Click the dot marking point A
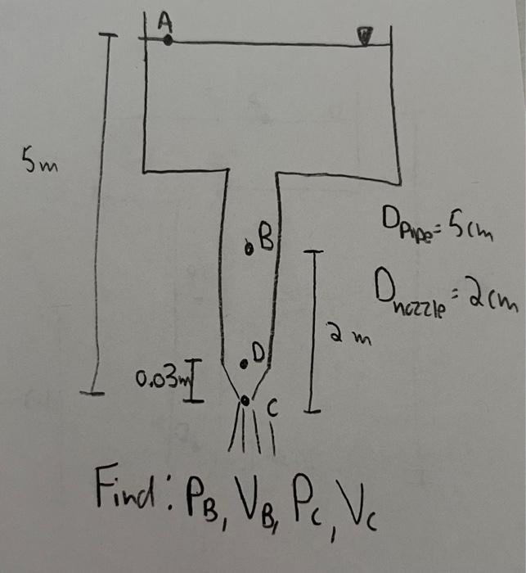pyautogui.click(x=166, y=38)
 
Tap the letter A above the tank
pyautogui.click(x=164, y=22)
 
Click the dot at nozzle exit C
pyautogui.click(x=245, y=399)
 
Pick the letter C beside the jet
pyautogui.click(x=274, y=408)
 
